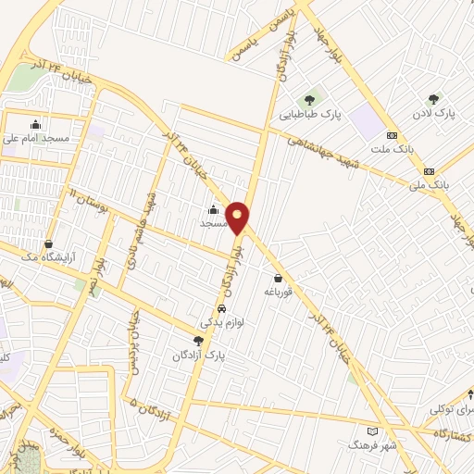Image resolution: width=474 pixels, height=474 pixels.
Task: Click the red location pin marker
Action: tap(238, 217)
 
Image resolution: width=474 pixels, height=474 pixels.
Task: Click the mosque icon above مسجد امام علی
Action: tap(36, 124)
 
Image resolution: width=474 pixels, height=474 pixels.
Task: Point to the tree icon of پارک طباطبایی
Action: tap(309, 100)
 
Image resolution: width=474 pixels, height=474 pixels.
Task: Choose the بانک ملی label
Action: tap(429, 185)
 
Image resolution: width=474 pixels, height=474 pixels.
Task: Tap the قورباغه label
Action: tap(279, 292)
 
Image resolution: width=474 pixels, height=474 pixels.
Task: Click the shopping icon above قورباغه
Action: tap(278, 278)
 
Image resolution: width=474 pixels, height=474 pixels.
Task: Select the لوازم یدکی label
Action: tap(221, 324)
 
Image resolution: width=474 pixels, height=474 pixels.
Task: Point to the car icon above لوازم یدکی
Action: tap(221, 309)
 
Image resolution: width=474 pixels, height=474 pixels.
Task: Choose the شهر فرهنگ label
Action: tap(372, 445)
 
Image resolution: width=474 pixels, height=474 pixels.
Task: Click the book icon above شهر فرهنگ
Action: tap(372, 431)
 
